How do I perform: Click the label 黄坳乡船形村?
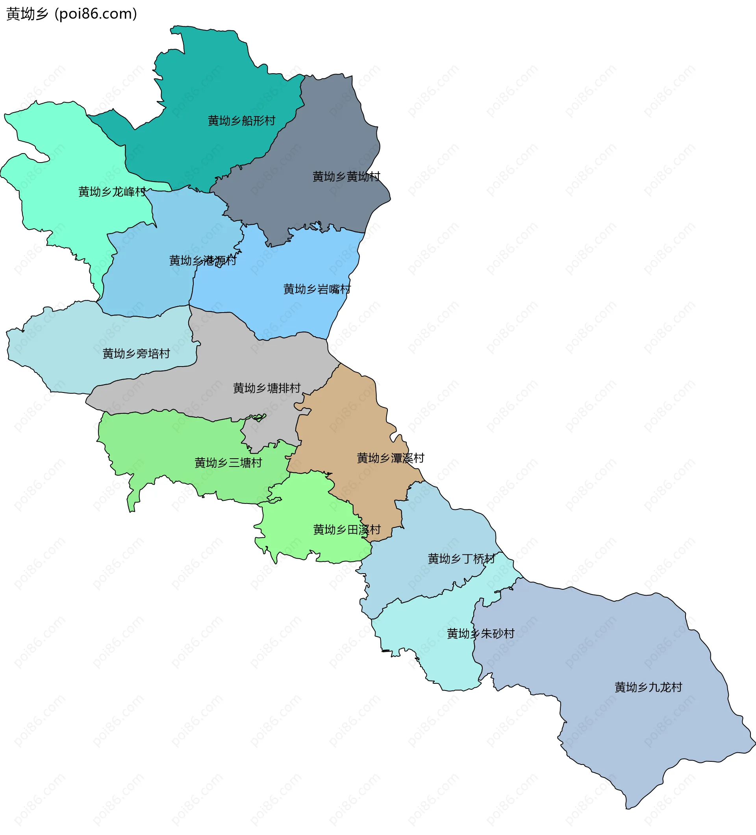coord(241,120)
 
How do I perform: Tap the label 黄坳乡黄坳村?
coord(346,176)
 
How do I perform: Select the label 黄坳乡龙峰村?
coord(112,192)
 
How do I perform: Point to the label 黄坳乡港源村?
coord(202,261)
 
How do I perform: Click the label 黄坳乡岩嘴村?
coord(317,289)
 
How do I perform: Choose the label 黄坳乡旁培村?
coord(136,354)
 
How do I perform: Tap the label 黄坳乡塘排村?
coord(267,388)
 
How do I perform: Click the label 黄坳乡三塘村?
coord(228,463)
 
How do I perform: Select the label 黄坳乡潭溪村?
coord(391,458)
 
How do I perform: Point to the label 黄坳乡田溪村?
coord(347,530)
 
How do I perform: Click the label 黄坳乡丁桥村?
coord(461,559)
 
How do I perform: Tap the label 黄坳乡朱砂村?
coord(480,633)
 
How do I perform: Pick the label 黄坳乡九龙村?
coord(648,687)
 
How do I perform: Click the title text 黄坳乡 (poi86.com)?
coord(72,14)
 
